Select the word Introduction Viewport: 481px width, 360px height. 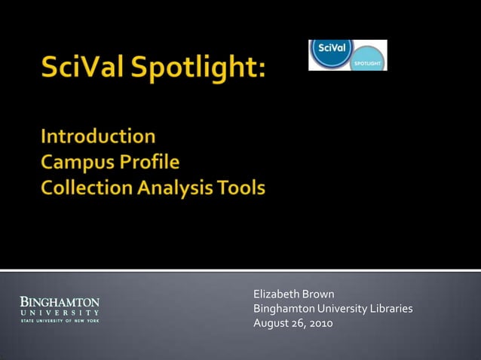(98, 136)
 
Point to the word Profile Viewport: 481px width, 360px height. (154, 163)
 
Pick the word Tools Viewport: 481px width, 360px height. (243, 188)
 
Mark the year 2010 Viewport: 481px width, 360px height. (320, 324)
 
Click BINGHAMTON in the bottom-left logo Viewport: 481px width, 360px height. (60, 302)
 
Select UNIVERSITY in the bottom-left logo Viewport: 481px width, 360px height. (60, 312)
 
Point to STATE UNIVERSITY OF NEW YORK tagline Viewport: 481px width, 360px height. (60, 321)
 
